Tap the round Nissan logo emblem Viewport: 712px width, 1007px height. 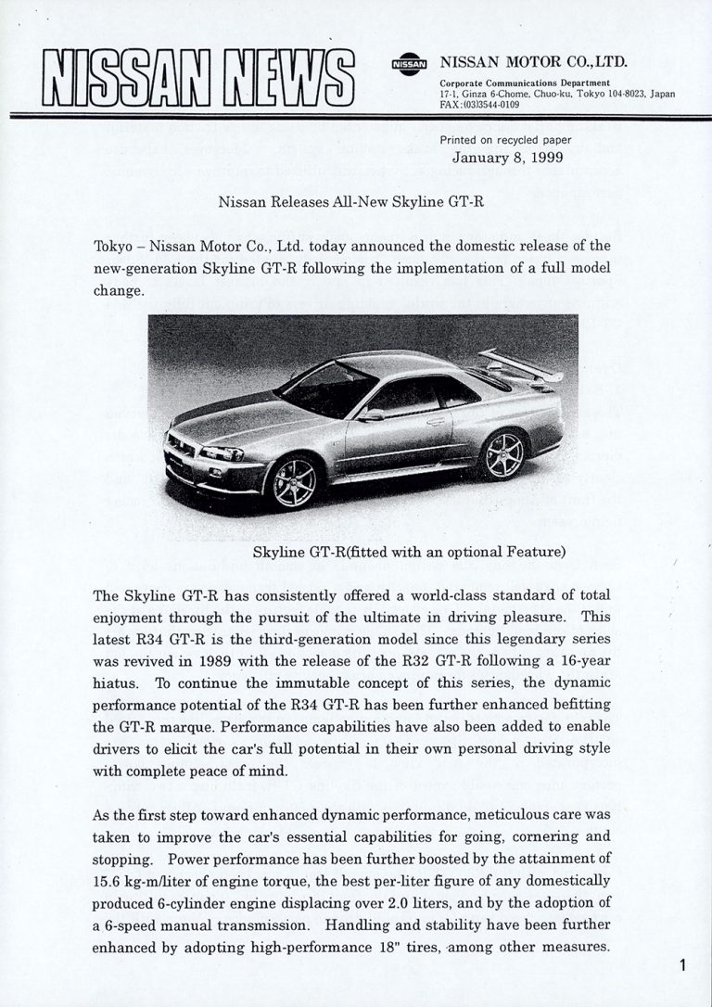click(x=409, y=65)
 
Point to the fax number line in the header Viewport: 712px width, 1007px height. click(x=479, y=105)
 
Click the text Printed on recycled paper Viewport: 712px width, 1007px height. click(x=505, y=140)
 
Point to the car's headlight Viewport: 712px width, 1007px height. click(x=222, y=453)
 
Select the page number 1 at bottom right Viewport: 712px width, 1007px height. click(x=683, y=966)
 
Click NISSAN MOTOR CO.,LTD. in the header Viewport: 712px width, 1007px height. click(x=533, y=63)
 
